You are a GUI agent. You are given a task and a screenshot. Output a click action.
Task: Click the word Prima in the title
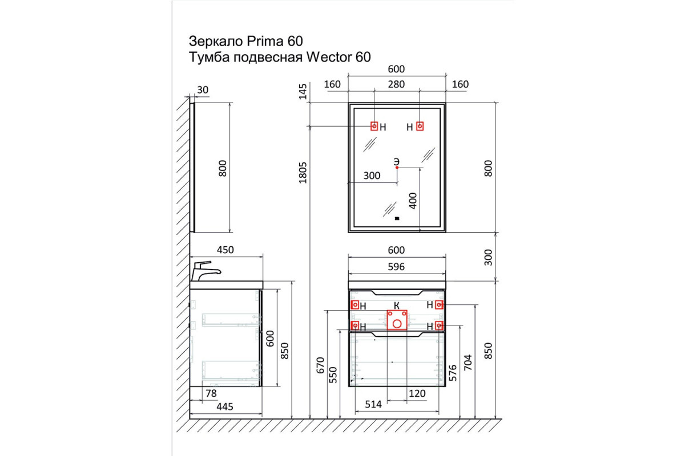click(265, 41)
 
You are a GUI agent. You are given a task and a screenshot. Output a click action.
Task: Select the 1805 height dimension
click(303, 173)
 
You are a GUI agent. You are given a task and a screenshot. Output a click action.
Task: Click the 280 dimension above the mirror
click(396, 84)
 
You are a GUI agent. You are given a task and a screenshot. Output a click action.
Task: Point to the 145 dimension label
click(303, 92)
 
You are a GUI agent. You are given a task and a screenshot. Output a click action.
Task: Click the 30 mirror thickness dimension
click(203, 90)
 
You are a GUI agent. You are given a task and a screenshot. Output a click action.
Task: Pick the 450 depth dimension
click(225, 250)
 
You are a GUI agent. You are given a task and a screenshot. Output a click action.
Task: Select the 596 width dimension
click(396, 267)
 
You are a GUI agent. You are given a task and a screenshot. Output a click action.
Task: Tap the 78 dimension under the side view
click(211, 393)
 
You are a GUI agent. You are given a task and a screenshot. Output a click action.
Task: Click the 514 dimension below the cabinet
click(373, 404)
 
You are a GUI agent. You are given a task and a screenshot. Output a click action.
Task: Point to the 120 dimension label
click(417, 393)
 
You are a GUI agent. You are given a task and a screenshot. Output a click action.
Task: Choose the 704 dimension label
click(468, 363)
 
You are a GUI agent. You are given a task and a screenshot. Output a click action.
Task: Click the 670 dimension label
click(320, 365)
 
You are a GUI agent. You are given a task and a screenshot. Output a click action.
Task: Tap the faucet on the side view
click(205, 271)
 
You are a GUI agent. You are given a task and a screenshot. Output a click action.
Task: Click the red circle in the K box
click(397, 324)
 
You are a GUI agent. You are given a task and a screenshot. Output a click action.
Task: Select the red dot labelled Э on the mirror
click(397, 168)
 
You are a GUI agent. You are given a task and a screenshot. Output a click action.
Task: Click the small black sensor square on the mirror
click(397, 218)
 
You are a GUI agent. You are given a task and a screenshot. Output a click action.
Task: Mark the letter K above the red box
click(396, 306)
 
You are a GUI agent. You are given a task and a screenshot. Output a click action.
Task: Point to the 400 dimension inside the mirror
click(413, 201)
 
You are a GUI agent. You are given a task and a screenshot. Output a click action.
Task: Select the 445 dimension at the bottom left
click(225, 406)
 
